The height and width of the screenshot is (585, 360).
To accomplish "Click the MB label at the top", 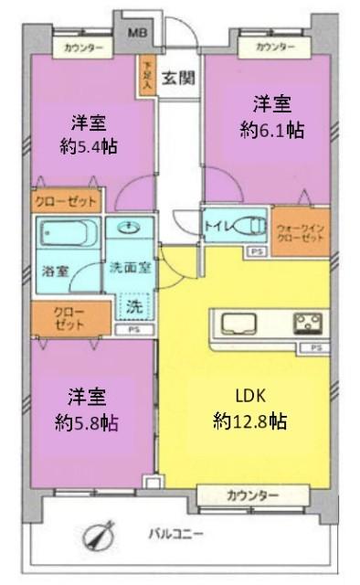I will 135,32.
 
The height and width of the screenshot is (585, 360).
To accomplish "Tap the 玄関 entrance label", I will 178,78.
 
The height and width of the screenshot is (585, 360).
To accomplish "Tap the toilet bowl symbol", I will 249,225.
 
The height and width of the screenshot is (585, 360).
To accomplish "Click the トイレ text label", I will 217,221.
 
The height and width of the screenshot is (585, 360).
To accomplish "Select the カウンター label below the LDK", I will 251,495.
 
